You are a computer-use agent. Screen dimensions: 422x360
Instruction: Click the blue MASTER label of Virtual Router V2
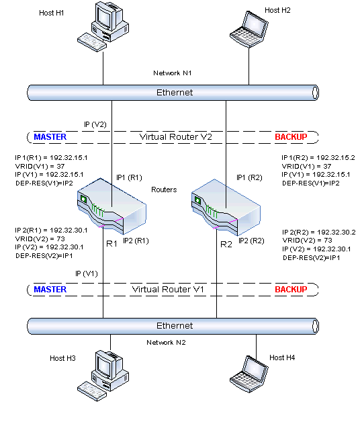(50, 137)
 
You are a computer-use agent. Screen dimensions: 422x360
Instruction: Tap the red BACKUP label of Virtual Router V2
(291, 137)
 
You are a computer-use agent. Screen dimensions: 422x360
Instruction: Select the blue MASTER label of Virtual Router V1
(50, 290)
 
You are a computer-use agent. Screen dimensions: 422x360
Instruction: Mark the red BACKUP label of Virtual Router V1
(291, 290)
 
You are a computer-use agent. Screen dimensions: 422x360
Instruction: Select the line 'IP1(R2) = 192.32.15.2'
(318, 157)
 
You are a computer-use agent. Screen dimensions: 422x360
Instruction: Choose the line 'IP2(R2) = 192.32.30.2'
(318, 232)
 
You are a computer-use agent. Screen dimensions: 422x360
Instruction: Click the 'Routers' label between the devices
(165, 190)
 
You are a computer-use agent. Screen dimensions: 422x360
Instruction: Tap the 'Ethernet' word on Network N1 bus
(174, 92)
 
